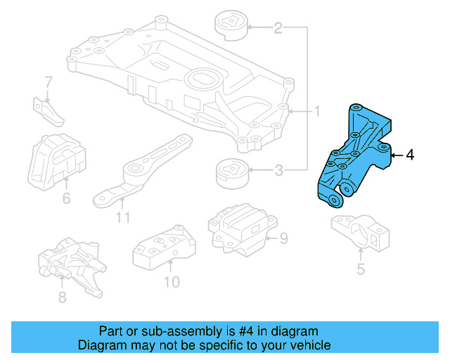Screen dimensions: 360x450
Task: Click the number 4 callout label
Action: coord(410,155)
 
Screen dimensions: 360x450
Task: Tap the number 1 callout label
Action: coord(316,111)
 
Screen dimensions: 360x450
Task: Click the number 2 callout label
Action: coord(278,28)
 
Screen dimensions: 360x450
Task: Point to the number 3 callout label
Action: coord(278,169)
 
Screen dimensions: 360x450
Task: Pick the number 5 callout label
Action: coord(361,268)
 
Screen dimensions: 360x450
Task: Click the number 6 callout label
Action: coord(66,199)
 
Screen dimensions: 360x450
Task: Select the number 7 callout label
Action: coord(48,82)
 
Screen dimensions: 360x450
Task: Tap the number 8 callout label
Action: coord(62,297)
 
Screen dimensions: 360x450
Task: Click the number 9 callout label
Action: coord(283,239)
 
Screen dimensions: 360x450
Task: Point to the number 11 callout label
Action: coord(123,218)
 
